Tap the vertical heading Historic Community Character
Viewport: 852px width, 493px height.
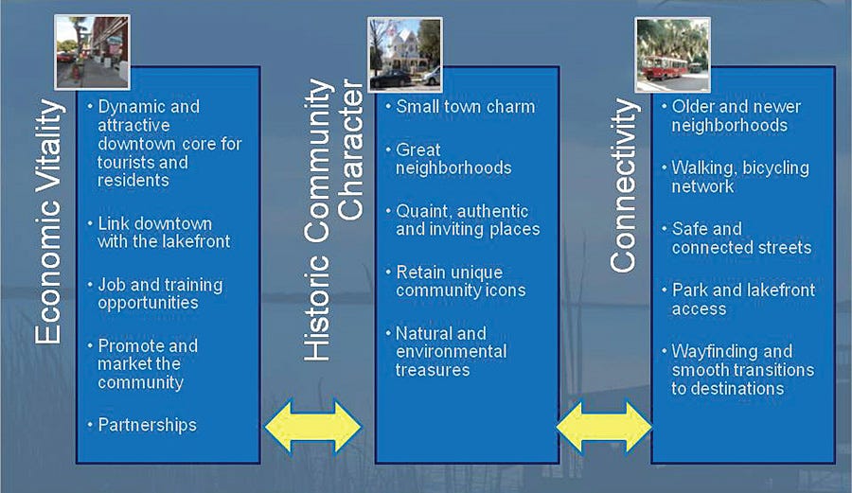[335, 220]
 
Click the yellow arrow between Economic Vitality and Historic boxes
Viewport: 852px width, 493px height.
[313, 427]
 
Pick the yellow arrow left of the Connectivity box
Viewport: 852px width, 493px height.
[604, 427]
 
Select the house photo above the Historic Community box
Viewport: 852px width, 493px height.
[404, 54]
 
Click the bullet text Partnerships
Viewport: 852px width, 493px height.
[147, 424]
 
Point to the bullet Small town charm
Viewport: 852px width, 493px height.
[465, 106]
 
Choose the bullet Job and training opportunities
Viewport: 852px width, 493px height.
[160, 293]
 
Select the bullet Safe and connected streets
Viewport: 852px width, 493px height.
[741, 238]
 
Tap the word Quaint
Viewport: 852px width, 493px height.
[424, 211]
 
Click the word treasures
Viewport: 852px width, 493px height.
[433, 370]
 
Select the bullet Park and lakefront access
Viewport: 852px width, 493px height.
[743, 299]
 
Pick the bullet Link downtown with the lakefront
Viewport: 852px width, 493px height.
[164, 233]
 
